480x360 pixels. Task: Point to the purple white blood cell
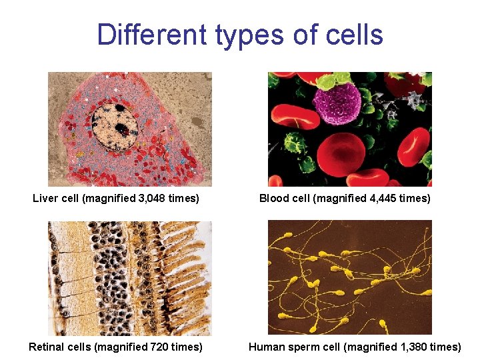point(337,105)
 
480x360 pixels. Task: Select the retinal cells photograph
point(129,277)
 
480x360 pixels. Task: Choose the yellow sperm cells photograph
point(349,277)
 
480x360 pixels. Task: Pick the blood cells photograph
point(349,129)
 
